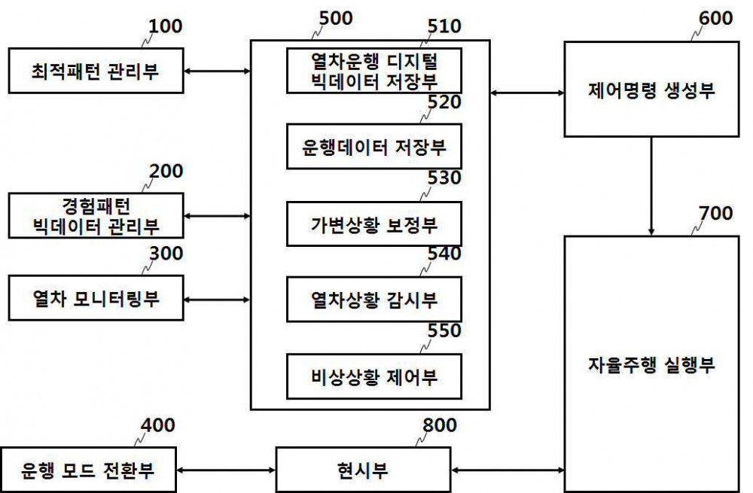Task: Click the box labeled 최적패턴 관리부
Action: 96,71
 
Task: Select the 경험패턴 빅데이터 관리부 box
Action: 96,215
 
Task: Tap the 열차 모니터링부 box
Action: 96,298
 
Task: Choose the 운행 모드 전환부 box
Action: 88,470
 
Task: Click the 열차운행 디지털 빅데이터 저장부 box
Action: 374,71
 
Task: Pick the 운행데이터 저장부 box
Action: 374,147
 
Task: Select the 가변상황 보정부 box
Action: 374,224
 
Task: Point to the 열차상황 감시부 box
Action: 374,299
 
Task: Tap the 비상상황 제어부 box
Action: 374,377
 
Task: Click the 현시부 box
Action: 364,470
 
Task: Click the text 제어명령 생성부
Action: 651,90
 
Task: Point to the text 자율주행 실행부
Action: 651,365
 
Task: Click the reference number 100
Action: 165,26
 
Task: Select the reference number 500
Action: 336,18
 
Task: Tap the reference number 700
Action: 715,213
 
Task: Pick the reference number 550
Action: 444,330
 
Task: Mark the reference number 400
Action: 157,425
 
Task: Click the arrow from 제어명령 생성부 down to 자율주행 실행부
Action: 651,186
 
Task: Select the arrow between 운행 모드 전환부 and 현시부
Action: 226,470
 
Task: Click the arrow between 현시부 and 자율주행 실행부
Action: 508,470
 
